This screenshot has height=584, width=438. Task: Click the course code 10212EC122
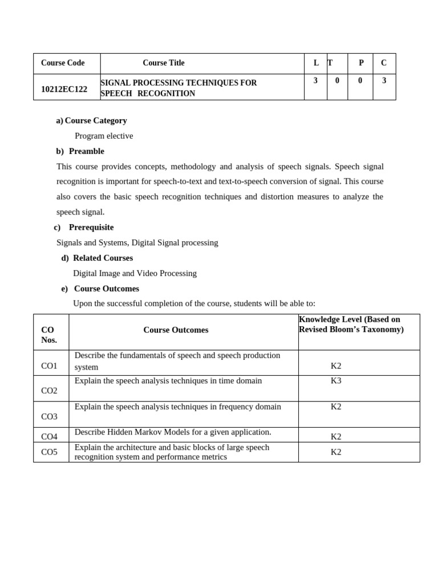(x=64, y=89)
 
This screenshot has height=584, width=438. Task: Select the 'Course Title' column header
(x=164, y=63)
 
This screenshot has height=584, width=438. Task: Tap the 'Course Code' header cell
(x=63, y=63)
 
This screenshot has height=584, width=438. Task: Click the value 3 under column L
(x=315, y=81)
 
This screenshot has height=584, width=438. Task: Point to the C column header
(x=384, y=63)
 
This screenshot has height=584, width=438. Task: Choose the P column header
(x=361, y=63)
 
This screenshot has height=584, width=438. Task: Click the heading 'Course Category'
(x=95, y=120)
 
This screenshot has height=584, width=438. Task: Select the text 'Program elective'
(x=104, y=136)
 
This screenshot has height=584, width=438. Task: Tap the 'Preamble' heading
(x=86, y=151)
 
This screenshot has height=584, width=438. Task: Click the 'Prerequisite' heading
(x=91, y=227)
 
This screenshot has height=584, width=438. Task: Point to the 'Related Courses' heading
(x=103, y=258)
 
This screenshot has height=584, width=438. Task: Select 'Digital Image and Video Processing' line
(x=135, y=273)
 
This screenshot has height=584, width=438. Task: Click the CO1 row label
(x=49, y=366)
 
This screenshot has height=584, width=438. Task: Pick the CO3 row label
(x=49, y=416)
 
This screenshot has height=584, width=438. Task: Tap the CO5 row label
(x=49, y=452)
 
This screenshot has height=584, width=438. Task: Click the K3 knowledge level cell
(x=336, y=380)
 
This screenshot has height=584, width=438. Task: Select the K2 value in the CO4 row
(x=336, y=436)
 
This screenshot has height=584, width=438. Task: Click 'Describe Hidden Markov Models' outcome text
(x=173, y=432)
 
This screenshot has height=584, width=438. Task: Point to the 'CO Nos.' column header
(x=49, y=335)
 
